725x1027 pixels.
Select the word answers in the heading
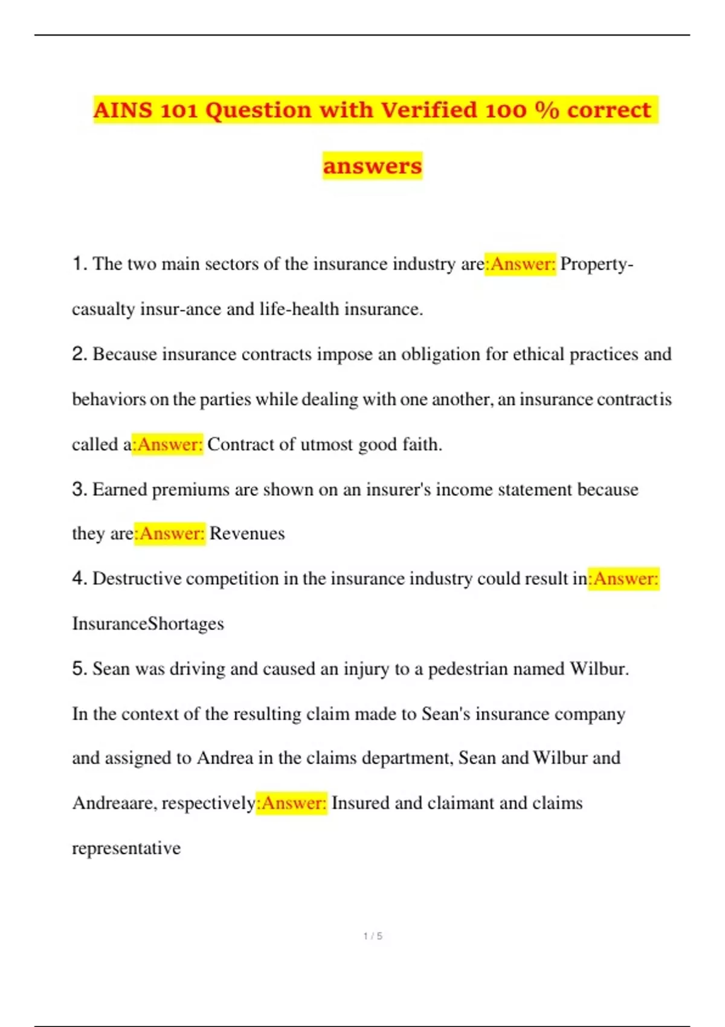(372, 166)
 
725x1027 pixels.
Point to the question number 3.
(79, 489)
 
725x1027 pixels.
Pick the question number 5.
(79, 669)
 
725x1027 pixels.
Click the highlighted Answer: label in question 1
(521, 264)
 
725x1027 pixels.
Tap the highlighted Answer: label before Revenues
(170, 533)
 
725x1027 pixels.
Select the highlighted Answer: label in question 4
(624, 579)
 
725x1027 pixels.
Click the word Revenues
(246, 533)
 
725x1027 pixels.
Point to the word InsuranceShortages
(148, 623)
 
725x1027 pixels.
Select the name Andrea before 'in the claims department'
(225, 758)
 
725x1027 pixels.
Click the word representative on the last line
(126, 848)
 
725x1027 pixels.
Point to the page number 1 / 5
(373, 936)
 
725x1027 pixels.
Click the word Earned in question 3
(119, 489)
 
